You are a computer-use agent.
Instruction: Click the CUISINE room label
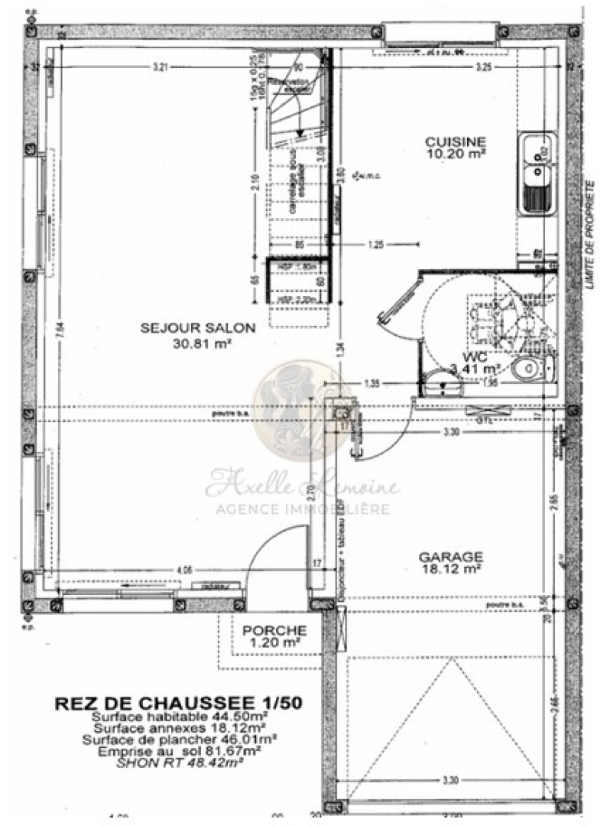(x=455, y=141)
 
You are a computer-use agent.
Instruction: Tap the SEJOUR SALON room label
(x=197, y=328)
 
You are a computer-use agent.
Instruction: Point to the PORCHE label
(x=274, y=631)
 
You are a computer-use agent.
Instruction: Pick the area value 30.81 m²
(x=197, y=343)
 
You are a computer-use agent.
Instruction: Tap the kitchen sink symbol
(x=538, y=174)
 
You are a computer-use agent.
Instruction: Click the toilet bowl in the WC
(x=530, y=370)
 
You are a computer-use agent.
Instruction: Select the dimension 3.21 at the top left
(x=160, y=67)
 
